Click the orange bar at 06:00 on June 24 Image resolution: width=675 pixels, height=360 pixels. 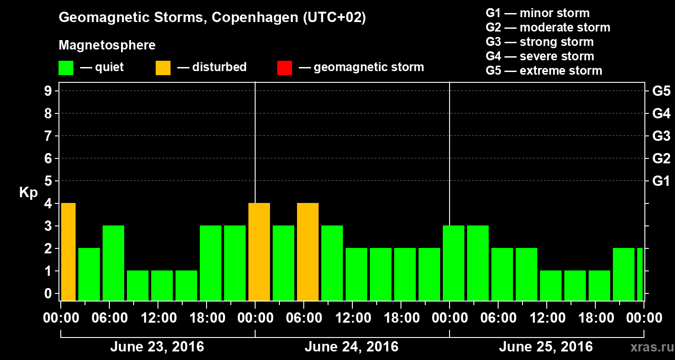click(308, 252)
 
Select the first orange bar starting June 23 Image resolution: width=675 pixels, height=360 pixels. click(68, 252)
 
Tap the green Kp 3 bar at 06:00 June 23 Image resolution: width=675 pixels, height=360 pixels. click(113, 263)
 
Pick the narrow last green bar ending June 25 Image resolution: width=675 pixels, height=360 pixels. click(640, 274)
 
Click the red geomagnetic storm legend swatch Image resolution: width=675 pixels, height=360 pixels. click(284, 67)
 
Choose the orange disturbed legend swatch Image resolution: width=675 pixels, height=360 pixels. click(163, 67)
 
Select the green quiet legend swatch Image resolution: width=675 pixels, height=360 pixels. click(66, 67)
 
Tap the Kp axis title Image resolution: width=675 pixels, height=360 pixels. click(28, 193)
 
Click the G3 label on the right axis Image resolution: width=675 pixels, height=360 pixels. click(661, 136)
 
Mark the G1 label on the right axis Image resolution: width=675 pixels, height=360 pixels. click(661, 181)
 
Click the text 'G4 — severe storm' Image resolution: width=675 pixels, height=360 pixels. click(540, 56)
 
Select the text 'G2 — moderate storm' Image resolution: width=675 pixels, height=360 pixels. click(548, 27)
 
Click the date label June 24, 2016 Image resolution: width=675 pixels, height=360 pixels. click(351, 347)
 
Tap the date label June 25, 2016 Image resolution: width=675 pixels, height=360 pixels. click(546, 347)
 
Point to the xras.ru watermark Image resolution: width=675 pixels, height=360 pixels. click(649, 347)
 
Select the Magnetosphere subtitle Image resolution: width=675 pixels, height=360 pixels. click(107, 45)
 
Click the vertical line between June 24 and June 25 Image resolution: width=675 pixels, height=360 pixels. click(450, 148)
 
